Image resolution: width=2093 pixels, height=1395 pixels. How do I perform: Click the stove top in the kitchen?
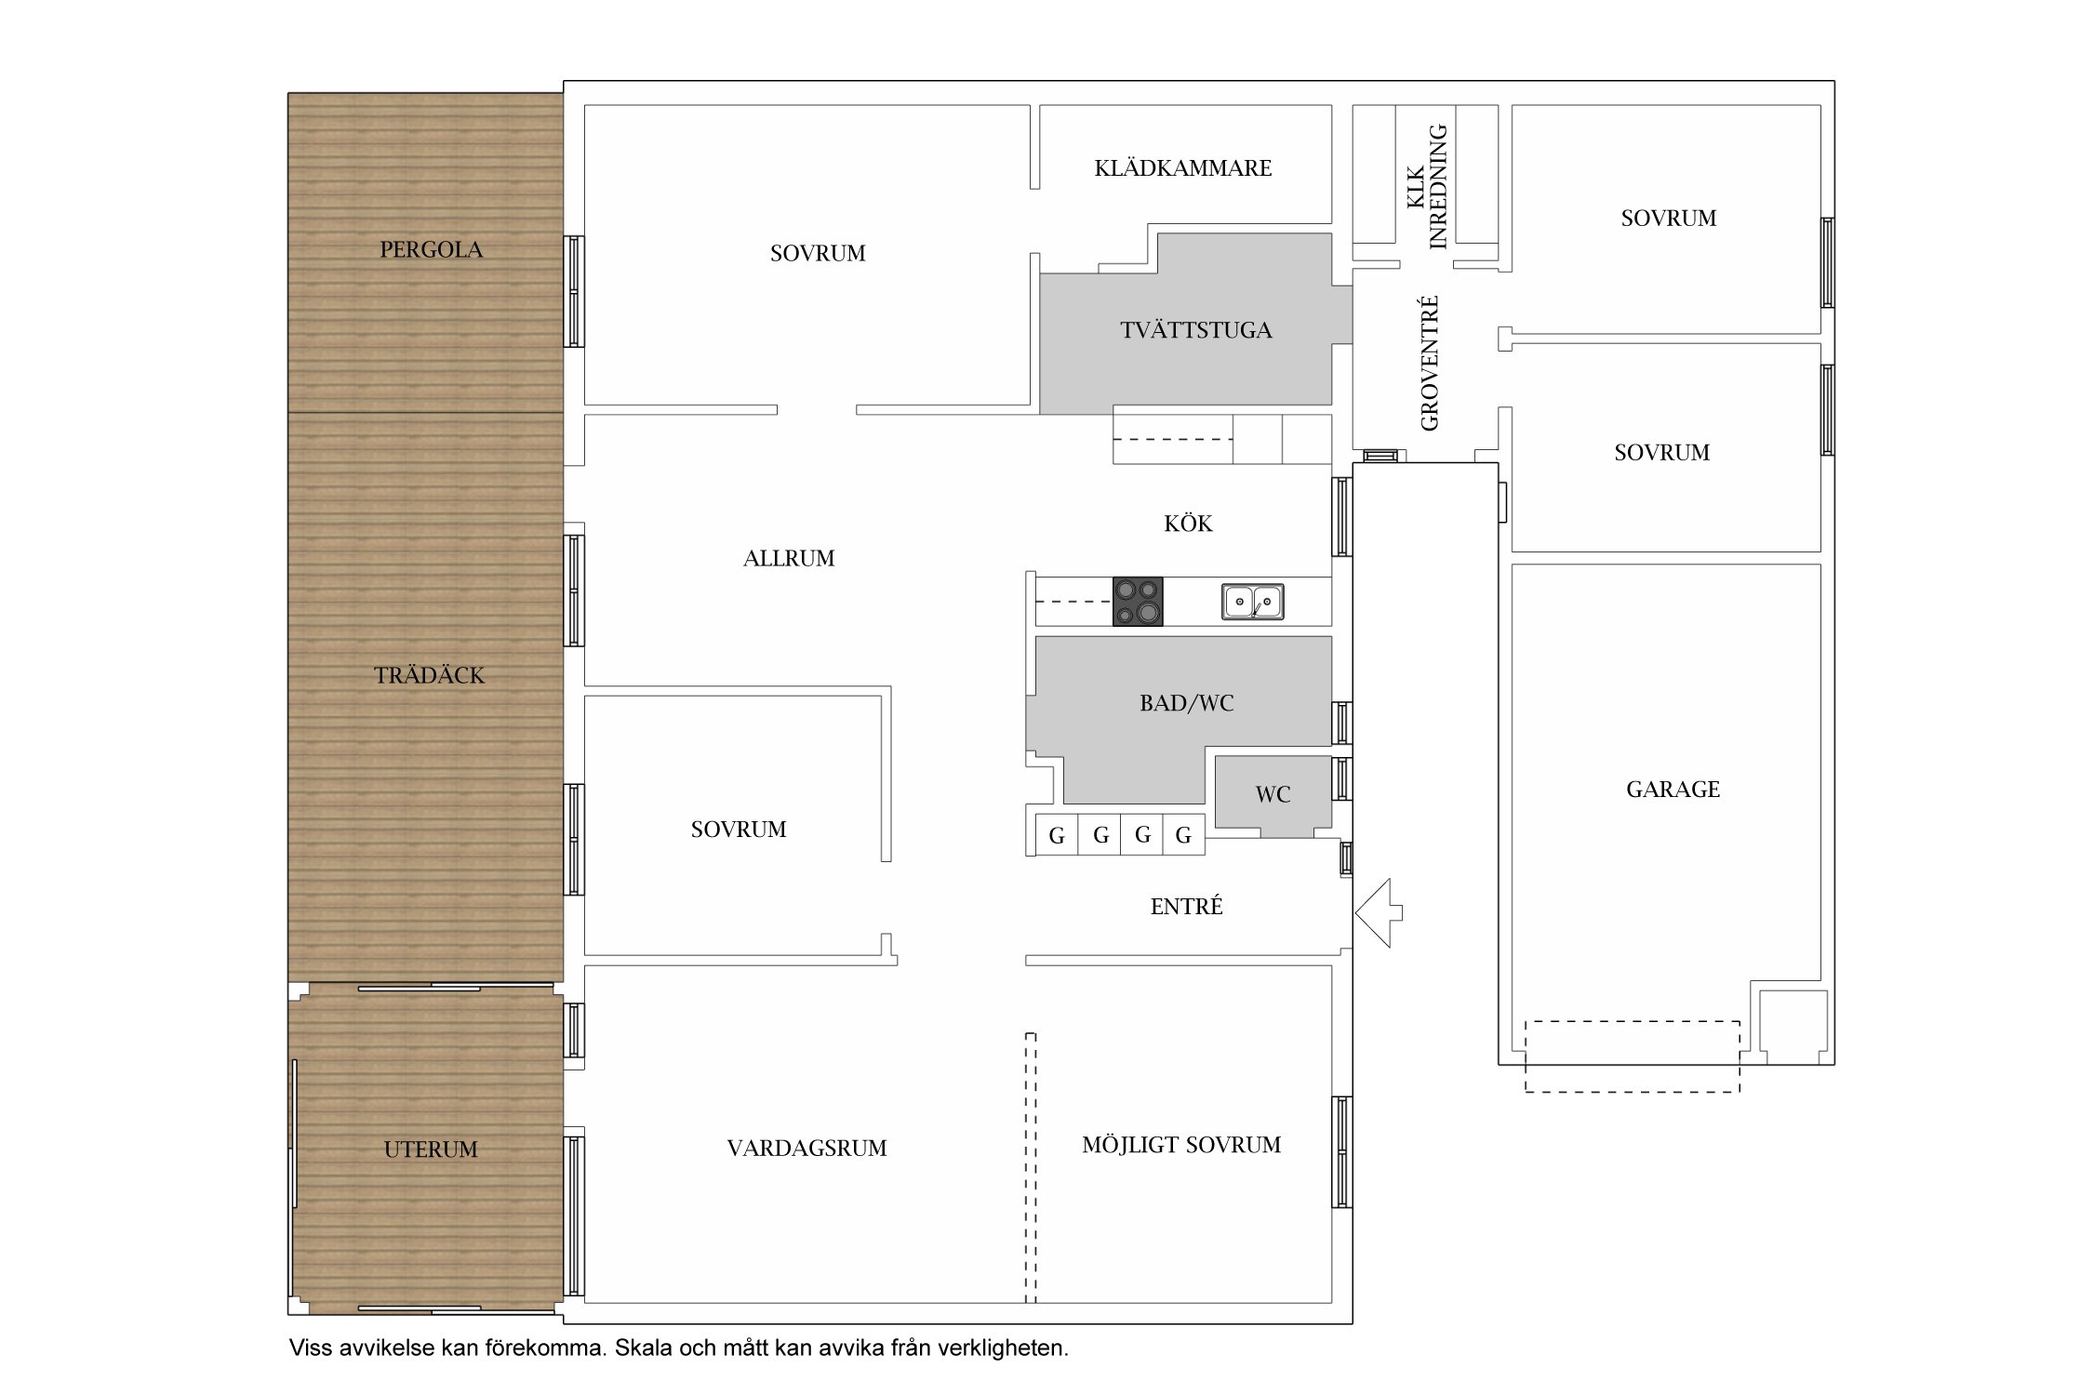(1138, 601)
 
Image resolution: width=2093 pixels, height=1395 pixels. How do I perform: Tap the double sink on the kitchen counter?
(1252, 602)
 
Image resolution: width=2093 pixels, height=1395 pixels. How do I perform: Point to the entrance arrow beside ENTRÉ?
(1379, 913)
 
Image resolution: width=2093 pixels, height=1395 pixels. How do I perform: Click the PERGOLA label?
(431, 249)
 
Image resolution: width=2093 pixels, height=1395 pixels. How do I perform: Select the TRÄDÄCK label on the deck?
(429, 675)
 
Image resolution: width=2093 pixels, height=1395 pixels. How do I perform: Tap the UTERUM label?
(431, 1149)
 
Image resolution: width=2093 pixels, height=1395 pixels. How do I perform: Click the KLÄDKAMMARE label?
(1183, 168)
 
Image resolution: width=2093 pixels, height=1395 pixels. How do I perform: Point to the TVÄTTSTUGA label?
(1196, 330)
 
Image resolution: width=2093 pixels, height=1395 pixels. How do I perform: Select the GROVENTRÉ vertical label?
(1430, 363)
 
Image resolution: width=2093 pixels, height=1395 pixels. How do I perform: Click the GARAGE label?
(1673, 790)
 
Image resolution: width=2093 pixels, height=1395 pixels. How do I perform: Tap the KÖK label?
(1188, 524)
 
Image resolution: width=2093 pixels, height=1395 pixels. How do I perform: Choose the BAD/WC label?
(1187, 703)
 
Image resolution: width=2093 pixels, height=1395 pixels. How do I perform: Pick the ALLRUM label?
(789, 558)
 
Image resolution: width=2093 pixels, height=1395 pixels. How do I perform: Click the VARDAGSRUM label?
(807, 1149)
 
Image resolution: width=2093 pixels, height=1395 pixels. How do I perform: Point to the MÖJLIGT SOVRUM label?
(1181, 1145)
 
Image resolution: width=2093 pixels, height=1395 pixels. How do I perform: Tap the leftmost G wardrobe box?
(1057, 834)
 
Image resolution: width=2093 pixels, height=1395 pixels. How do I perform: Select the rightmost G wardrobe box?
(1183, 834)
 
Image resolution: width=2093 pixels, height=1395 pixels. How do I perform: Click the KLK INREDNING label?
(1427, 187)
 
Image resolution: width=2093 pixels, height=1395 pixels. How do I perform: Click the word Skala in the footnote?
(643, 1348)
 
